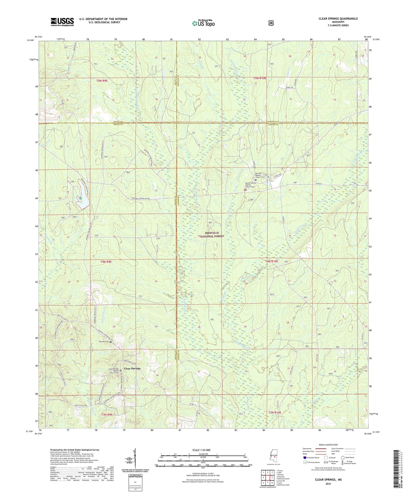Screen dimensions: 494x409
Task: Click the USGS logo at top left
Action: tap(62, 22)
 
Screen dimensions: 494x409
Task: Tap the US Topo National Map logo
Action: tap(203, 23)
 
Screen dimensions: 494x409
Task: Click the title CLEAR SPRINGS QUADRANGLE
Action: tap(338, 19)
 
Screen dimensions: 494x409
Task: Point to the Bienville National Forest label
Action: tap(212, 234)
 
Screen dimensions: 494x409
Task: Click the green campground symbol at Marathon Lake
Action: tap(81, 199)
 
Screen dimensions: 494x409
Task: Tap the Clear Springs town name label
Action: tap(132, 368)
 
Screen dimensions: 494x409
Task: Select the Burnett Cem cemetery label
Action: tap(104, 341)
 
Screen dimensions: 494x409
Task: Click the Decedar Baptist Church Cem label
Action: tap(260, 175)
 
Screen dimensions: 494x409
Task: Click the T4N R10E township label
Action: tap(271, 261)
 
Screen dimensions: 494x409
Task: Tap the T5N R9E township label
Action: tap(102, 81)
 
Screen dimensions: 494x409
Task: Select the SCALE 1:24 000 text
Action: tap(201, 450)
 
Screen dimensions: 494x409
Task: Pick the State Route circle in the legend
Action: tap(343, 458)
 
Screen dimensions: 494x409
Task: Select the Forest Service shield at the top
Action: tap(271, 23)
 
